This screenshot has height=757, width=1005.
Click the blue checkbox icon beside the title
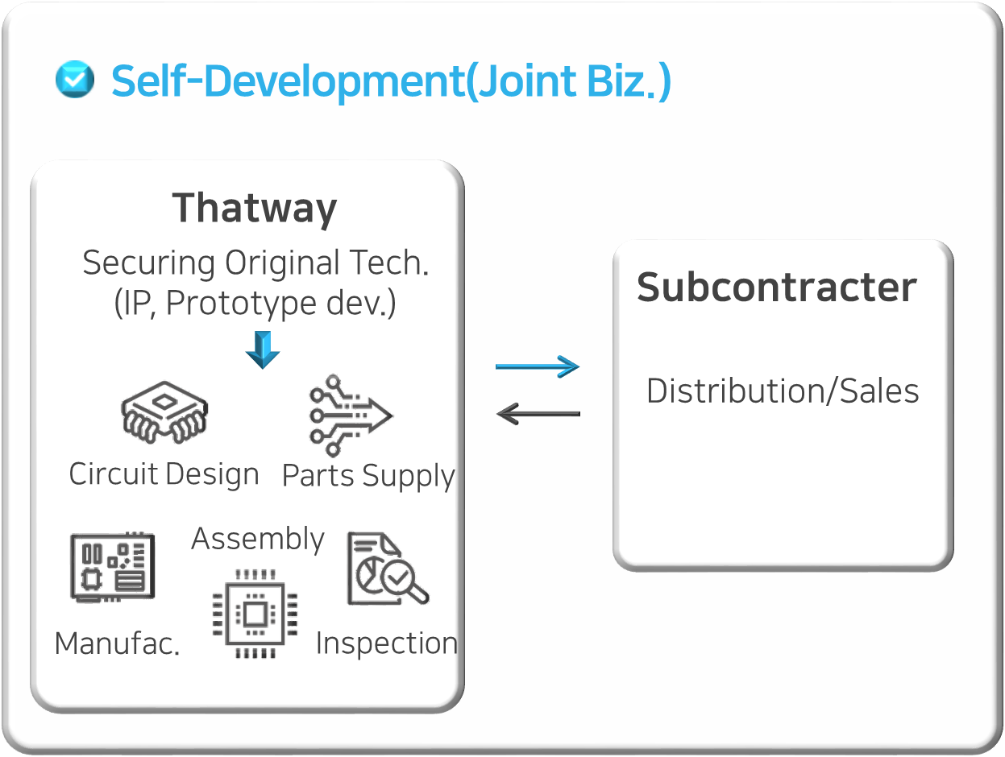(74, 80)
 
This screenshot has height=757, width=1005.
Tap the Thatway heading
(255, 208)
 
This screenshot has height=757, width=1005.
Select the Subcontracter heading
(777, 287)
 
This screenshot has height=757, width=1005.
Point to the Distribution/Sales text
(783, 391)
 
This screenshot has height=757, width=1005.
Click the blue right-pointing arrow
(538, 366)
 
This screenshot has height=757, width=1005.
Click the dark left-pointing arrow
(538, 414)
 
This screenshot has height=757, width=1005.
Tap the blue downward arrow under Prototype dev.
(262, 349)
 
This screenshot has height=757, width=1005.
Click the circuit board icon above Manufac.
(112, 568)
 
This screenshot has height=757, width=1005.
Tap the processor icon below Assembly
(255, 614)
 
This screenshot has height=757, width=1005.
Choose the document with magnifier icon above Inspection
(386, 570)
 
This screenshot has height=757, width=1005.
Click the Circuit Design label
(164, 474)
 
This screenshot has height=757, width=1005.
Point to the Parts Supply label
(368, 476)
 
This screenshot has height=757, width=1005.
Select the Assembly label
(258, 539)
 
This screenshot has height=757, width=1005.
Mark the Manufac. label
(117, 643)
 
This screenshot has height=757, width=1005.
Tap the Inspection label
(386, 643)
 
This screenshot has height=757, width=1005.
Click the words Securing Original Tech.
(255, 263)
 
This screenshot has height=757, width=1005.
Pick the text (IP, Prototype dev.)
(255, 303)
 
